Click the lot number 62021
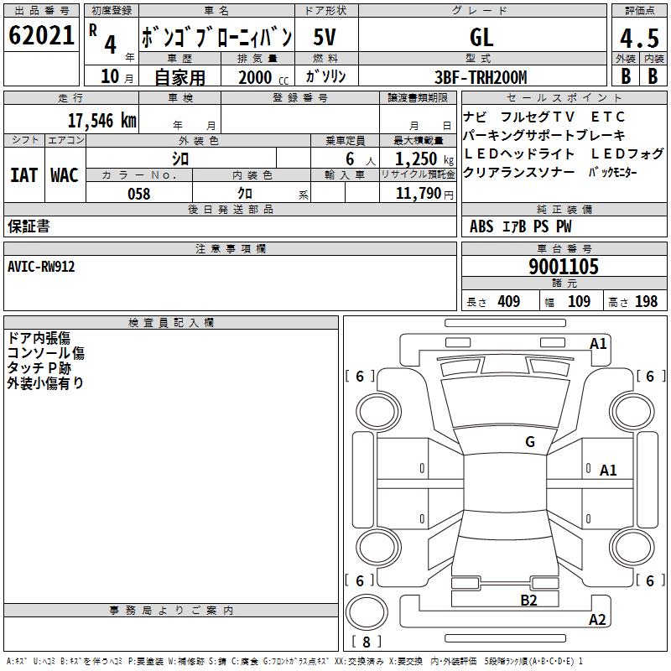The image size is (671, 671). [x=41, y=35]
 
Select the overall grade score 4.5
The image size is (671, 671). [x=640, y=39]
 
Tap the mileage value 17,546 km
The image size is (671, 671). [x=102, y=121]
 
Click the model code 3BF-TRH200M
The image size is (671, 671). [x=481, y=77]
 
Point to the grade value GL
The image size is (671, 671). [x=481, y=38]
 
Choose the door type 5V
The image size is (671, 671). [x=325, y=37]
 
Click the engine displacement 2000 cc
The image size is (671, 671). [x=263, y=77]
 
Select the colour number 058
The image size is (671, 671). [x=139, y=194]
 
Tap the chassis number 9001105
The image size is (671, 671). [x=564, y=267]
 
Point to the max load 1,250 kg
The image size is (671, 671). [x=424, y=159]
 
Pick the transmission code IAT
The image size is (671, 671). [x=23, y=175]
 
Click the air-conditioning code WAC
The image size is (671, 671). [x=65, y=175]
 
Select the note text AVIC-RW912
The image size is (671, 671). [x=41, y=267]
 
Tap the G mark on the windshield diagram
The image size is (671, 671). [x=530, y=442]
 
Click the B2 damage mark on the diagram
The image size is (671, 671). [x=528, y=601]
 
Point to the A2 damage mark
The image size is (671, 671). [x=597, y=620]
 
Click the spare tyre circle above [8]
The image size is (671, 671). [x=367, y=612]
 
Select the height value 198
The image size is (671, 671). [x=646, y=301]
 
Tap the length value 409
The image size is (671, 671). [x=509, y=301]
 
